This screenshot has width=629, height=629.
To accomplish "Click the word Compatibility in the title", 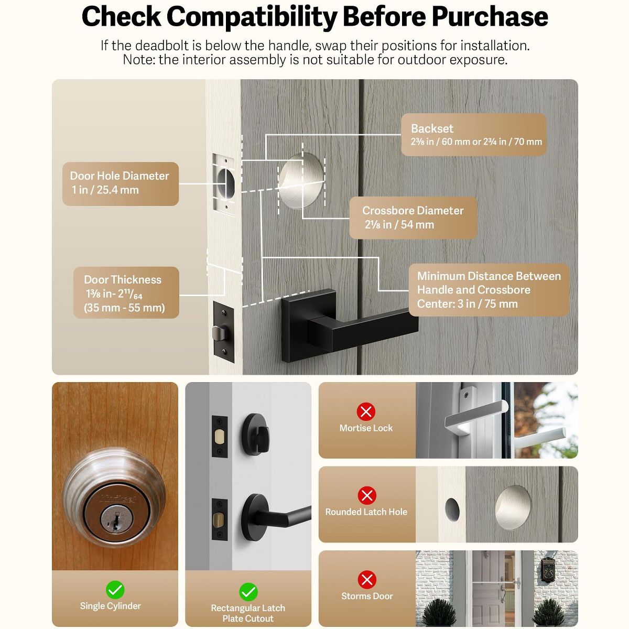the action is [x=252, y=17].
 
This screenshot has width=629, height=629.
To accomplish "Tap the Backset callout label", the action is [x=473, y=135].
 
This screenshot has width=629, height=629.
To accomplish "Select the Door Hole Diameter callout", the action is [x=121, y=184].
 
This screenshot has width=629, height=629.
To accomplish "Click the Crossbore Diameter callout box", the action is [x=413, y=218].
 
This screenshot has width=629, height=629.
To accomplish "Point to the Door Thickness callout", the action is [x=126, y=292].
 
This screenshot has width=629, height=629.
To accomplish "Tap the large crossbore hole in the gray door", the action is [x=302, y=181].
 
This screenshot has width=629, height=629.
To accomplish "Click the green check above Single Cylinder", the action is [x=115, y=590].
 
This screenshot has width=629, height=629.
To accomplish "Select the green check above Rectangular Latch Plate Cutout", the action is [x=248, y=592].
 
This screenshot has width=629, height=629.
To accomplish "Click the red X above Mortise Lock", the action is [x=366, y=411].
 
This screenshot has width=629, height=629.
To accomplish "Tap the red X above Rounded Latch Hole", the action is [x=367, y=495].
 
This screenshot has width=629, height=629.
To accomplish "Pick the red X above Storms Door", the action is [x=367, y=580].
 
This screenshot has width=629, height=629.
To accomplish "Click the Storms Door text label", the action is [x=367, y=596].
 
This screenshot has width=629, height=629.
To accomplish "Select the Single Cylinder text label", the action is [x=110, y=606].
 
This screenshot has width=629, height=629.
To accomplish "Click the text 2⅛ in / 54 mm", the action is [x=399, y=224].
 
